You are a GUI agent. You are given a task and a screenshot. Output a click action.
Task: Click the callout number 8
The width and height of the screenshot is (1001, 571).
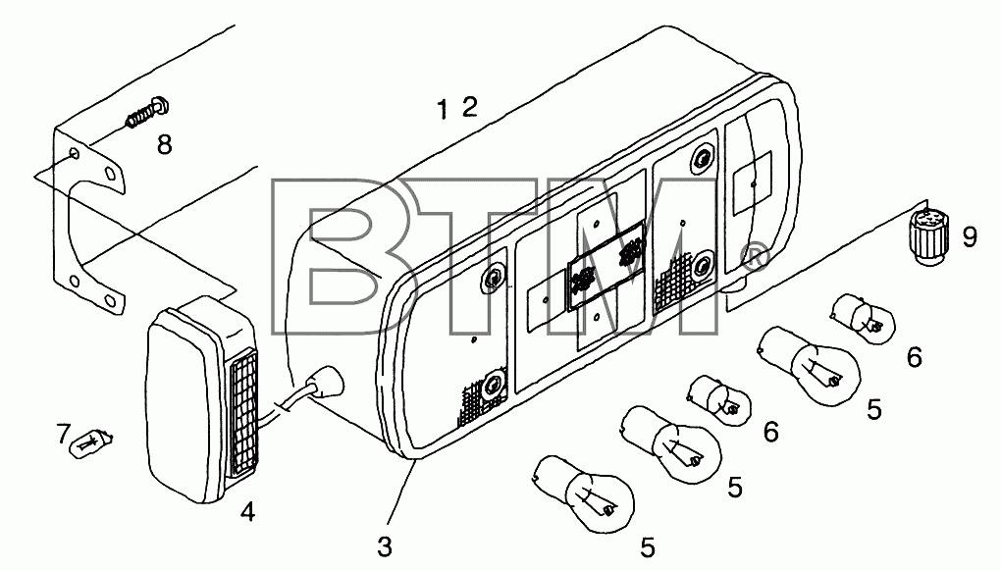click(x=164, y=145)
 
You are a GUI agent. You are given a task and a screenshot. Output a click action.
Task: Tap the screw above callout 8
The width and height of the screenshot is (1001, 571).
click(x=147, y=112)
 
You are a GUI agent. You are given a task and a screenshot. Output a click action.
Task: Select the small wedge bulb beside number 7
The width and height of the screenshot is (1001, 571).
click(x=92, y=442)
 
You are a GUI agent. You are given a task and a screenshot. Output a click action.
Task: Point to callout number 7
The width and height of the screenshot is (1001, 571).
click(x=63, y=434)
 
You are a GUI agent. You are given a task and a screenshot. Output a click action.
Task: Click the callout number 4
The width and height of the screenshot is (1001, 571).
click(x=247, y=511)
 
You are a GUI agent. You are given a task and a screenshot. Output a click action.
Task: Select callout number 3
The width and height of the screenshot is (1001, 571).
click(x=385, y=546)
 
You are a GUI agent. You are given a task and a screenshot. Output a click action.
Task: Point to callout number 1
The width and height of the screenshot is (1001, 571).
click(x=443, y=109)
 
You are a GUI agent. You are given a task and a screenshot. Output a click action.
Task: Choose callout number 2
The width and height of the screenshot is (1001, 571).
click(x=469, y=107)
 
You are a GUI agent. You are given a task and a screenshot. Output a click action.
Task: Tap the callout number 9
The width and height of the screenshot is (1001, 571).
click(x=969, y=237)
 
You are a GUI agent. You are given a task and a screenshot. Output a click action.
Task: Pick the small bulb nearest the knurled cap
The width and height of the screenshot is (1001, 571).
click(x=862, y=317)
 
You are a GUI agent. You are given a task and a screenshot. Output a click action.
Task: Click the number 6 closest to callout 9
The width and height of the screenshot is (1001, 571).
click(x=915, y=357)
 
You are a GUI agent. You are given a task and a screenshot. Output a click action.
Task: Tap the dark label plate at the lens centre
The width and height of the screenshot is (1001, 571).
click(x=606, y=266)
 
